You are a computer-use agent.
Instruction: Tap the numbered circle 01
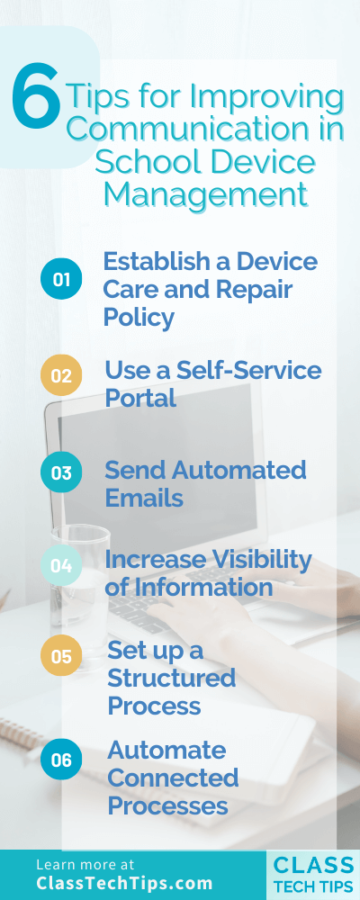(x=61, y=280)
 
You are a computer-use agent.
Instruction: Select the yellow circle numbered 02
(x=61, y=376)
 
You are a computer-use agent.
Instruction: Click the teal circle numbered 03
(x=61, y=473)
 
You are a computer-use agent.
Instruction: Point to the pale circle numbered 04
(x=61, y=566)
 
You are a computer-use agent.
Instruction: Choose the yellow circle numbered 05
(x=61, y=656)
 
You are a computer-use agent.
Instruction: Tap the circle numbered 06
(x=61, y=760)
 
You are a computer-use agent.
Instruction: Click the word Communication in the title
(x=205, y=129)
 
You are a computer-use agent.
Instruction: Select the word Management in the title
(x=205, y=193)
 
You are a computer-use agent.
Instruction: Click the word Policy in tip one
(x=139, y=318)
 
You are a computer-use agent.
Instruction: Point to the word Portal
(x=140, y=398)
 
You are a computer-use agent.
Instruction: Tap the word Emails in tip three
(x=144, y=497)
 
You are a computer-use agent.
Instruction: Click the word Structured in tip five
(x=171, y=677)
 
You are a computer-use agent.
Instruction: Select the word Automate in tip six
(x=166, y=750)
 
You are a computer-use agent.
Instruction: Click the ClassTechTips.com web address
(x=125, y=883)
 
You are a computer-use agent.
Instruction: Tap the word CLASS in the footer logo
(x=313, y=865)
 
